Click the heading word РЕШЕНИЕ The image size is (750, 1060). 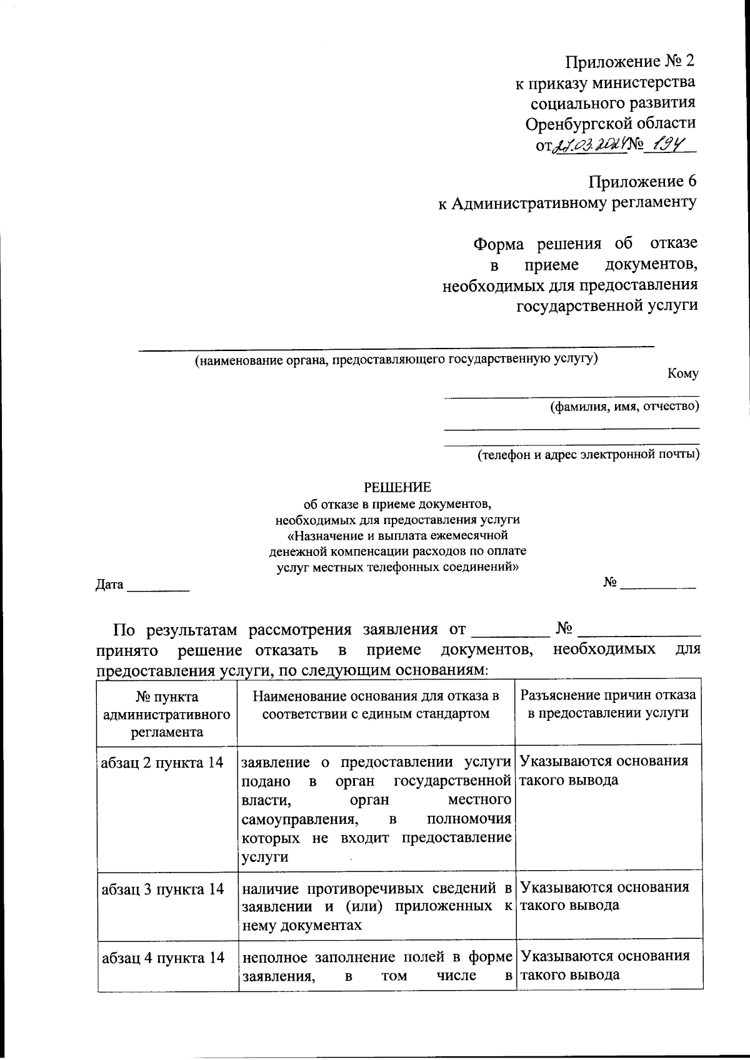tap(397, 487)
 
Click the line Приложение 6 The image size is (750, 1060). tap(642, 181)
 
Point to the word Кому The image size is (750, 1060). tap(682, 374)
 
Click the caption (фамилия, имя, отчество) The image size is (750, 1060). tap(624, 407)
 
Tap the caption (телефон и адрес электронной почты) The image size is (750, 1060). tap(588, 454)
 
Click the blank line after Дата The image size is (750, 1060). tap(158, 587)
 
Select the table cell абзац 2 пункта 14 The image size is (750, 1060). tap(162, 763)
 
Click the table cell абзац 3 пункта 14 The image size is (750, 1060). tap(162, 889)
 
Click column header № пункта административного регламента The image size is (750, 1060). tap(167, 714)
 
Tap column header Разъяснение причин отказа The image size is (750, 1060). tap(607, 705)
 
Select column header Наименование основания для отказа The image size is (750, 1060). tap(376, 705)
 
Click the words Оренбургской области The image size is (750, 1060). tap(610, 123)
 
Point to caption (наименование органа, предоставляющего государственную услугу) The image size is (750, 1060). tap(396, 359)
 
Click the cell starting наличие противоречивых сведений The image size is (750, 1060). tap(376, 906)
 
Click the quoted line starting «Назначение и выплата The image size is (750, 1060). tap(397, 535)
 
